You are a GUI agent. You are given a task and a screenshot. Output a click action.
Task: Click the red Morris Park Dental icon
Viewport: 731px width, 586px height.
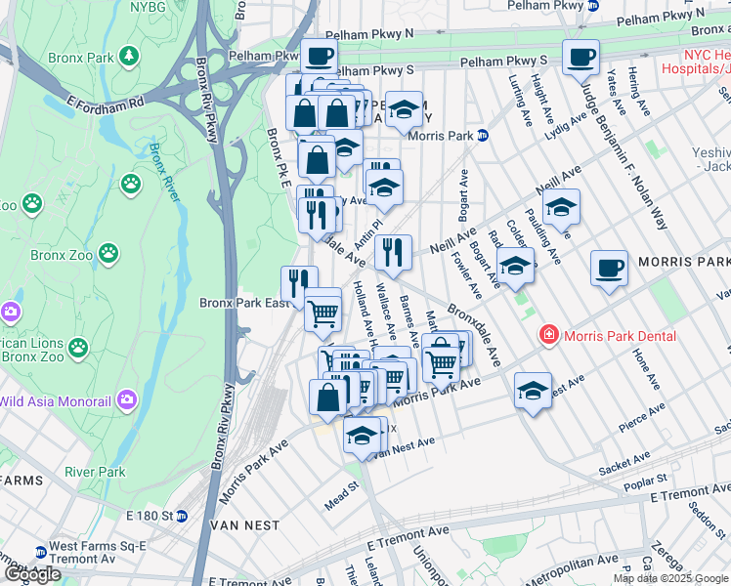[549, 336]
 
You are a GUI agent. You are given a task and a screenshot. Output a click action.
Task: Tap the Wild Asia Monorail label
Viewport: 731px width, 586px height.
[58, 399]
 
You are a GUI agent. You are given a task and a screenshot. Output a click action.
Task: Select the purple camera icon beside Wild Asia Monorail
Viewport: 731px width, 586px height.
[127, 399]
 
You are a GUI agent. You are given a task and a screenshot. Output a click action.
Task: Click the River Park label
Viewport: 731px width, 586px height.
[95, 472]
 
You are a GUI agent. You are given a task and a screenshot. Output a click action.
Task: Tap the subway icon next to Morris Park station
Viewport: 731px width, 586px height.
[483, 136]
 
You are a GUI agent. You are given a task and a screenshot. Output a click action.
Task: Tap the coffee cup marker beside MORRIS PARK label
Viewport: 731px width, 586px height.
[609, 268]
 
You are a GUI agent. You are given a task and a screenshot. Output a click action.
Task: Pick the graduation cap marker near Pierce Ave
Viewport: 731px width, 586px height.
[533, 390]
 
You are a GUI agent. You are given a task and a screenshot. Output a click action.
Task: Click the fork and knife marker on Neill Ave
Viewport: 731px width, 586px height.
[393, 252]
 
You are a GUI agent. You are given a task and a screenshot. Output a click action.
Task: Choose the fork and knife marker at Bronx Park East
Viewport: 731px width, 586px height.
[299, 283]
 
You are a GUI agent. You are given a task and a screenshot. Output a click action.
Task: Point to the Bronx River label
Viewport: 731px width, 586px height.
[165, 172]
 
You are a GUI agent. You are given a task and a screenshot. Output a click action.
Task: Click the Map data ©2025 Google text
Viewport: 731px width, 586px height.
[670, 578]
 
